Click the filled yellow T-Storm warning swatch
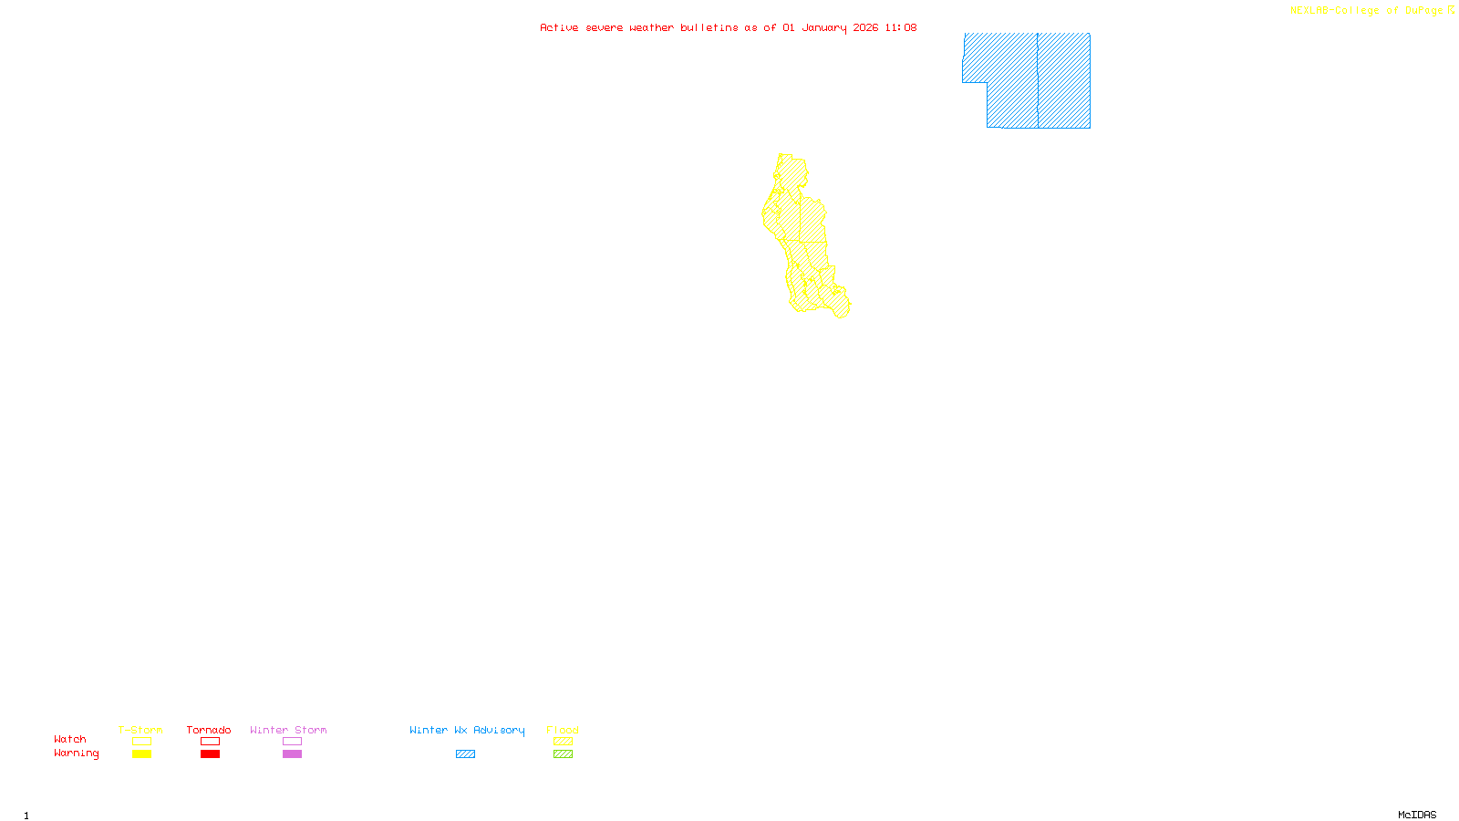coord(141,754)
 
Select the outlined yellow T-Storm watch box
coord(141,742)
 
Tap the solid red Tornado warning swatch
coord(210,754)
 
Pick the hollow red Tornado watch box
coord(210,742)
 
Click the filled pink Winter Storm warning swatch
coord(292,754)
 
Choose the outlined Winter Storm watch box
coord(292,742)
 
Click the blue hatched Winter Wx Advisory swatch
coord(465,754)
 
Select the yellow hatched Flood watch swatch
coord(563,742)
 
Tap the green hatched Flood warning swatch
coord(563,754)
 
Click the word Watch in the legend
coord(70,740)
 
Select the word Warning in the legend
coord(76,753)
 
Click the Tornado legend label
coord(209,730)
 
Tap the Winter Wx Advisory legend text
coord(467,730)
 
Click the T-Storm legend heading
coord(140,730)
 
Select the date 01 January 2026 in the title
coord(830,27)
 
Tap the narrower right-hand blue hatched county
coord(1064,80)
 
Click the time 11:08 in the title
coord(900,27)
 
